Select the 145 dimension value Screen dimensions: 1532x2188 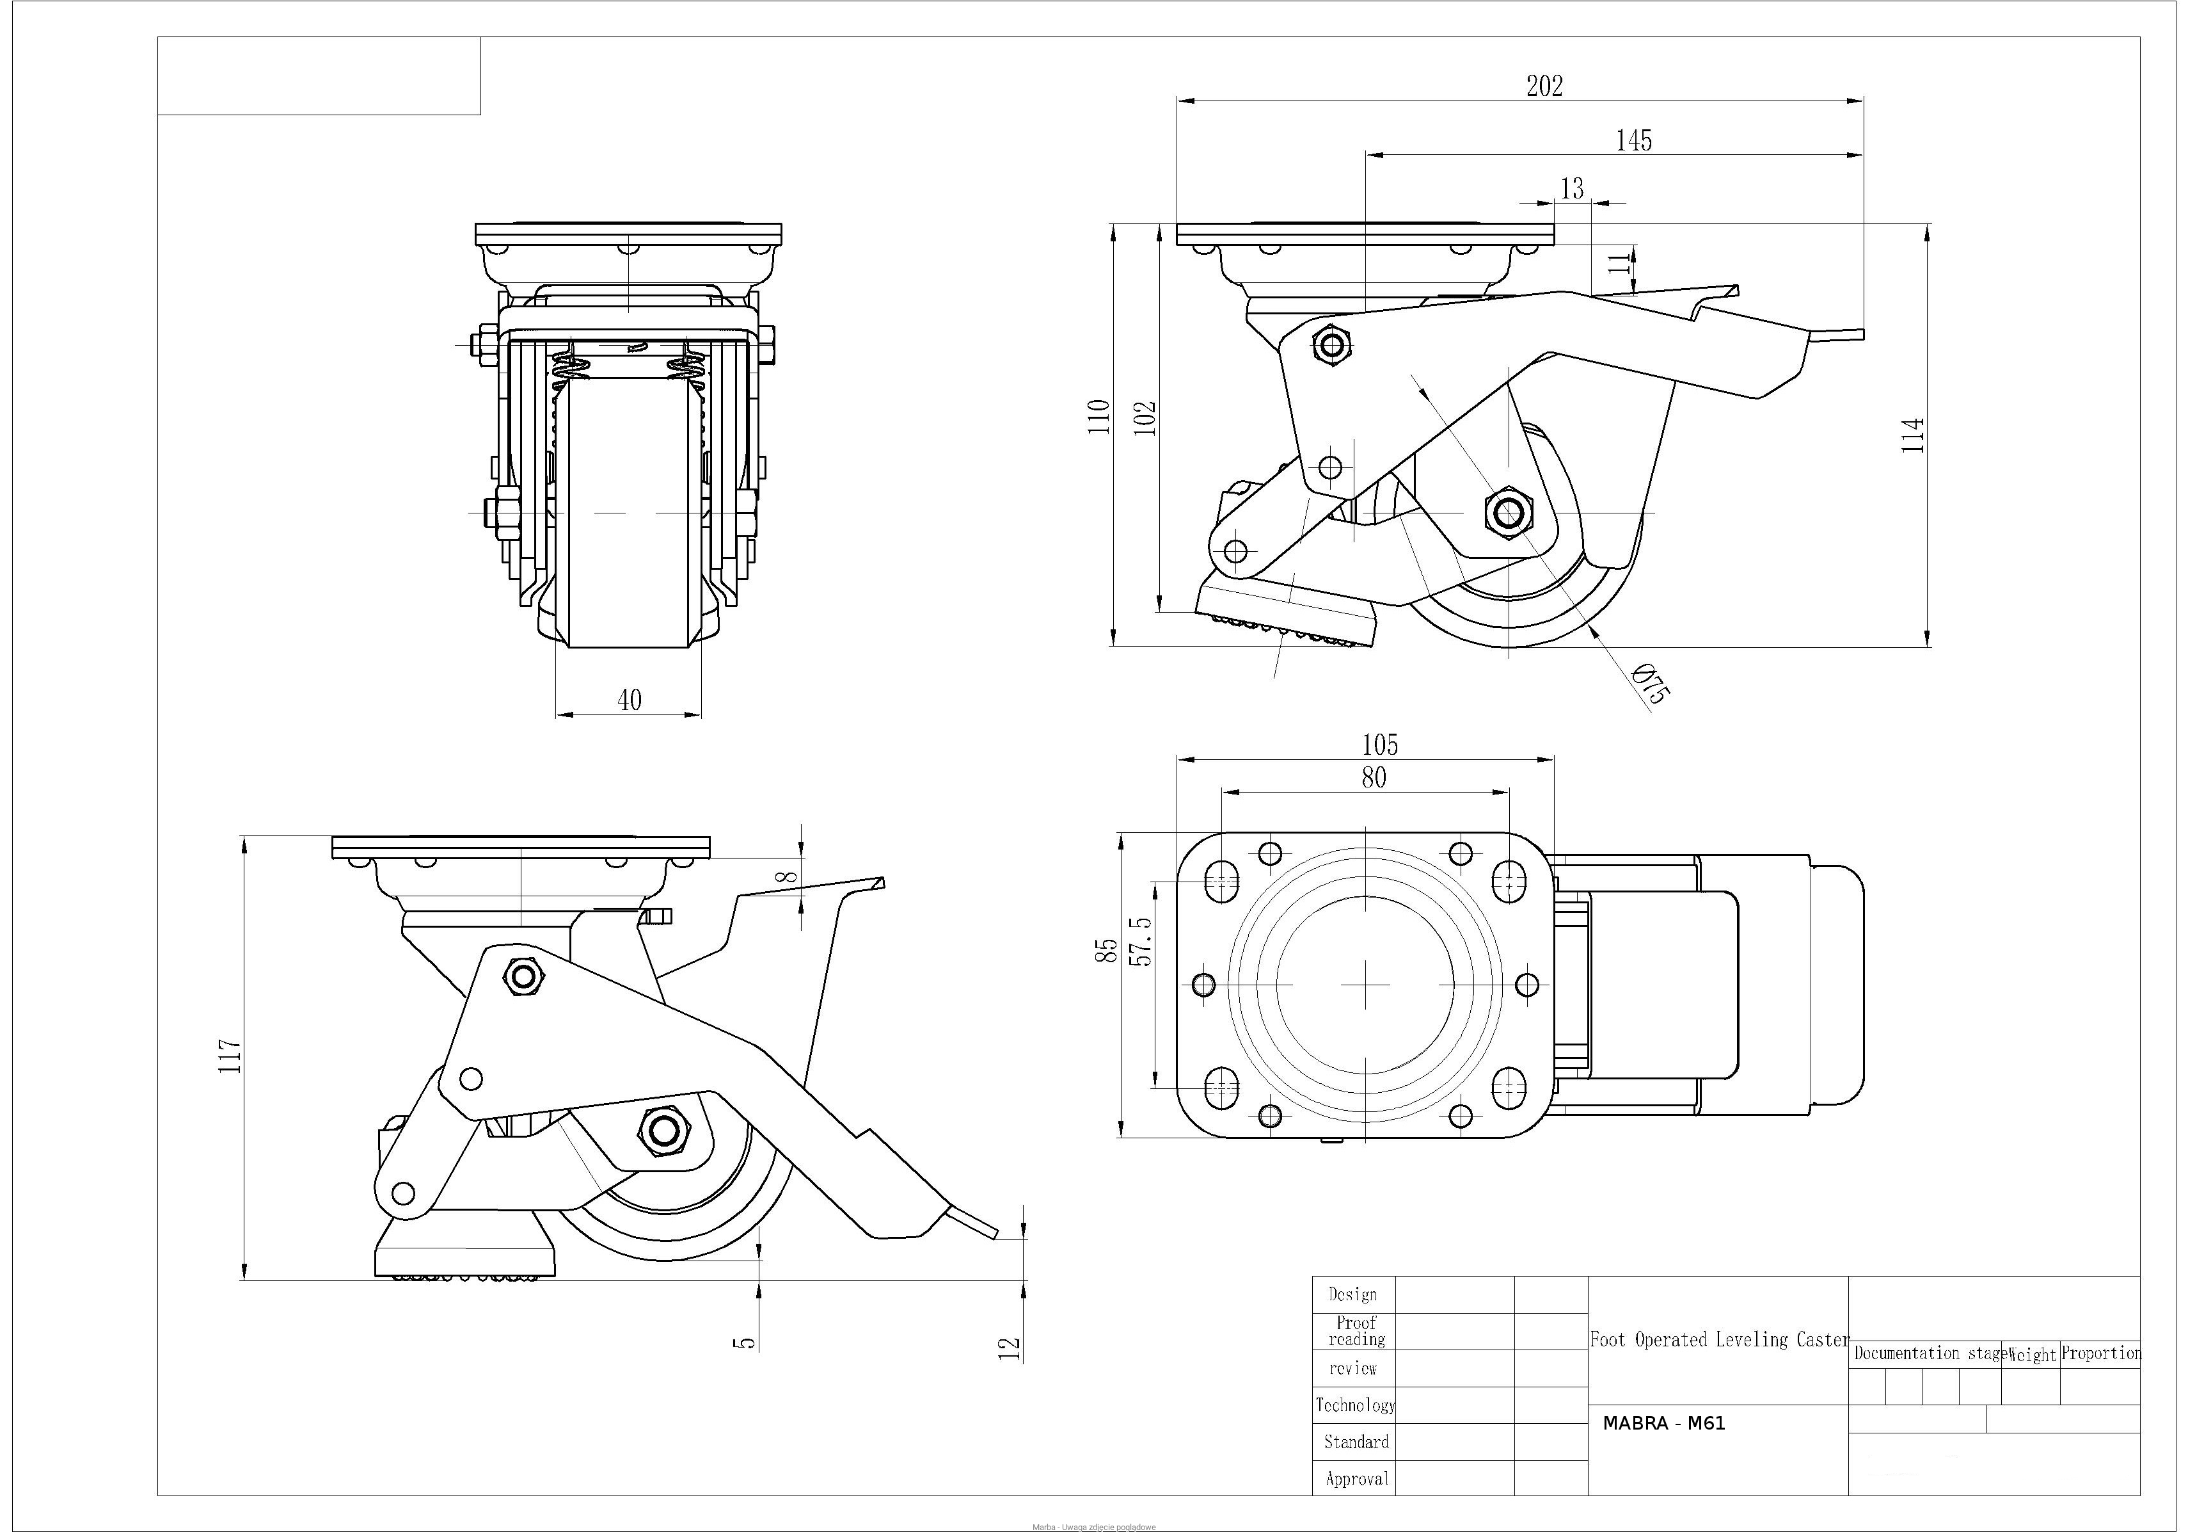click(1633, 141)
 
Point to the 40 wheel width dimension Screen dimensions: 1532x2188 click(629, 700)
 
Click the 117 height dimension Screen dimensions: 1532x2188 click(230, 1056)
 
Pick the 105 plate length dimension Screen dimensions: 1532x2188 click(1379, 745)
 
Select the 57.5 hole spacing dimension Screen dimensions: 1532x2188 click(1141, 942)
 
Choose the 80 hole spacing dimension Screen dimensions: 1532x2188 click(1373, 778)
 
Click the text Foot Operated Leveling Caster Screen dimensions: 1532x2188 click(1719, 1339)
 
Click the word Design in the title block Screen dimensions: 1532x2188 click(1352, 1294)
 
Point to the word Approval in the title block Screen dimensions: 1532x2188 click(1357, 1479)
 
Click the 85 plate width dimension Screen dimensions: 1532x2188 click(1106, 951)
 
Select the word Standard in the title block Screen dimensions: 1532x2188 click(1356, 1442)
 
